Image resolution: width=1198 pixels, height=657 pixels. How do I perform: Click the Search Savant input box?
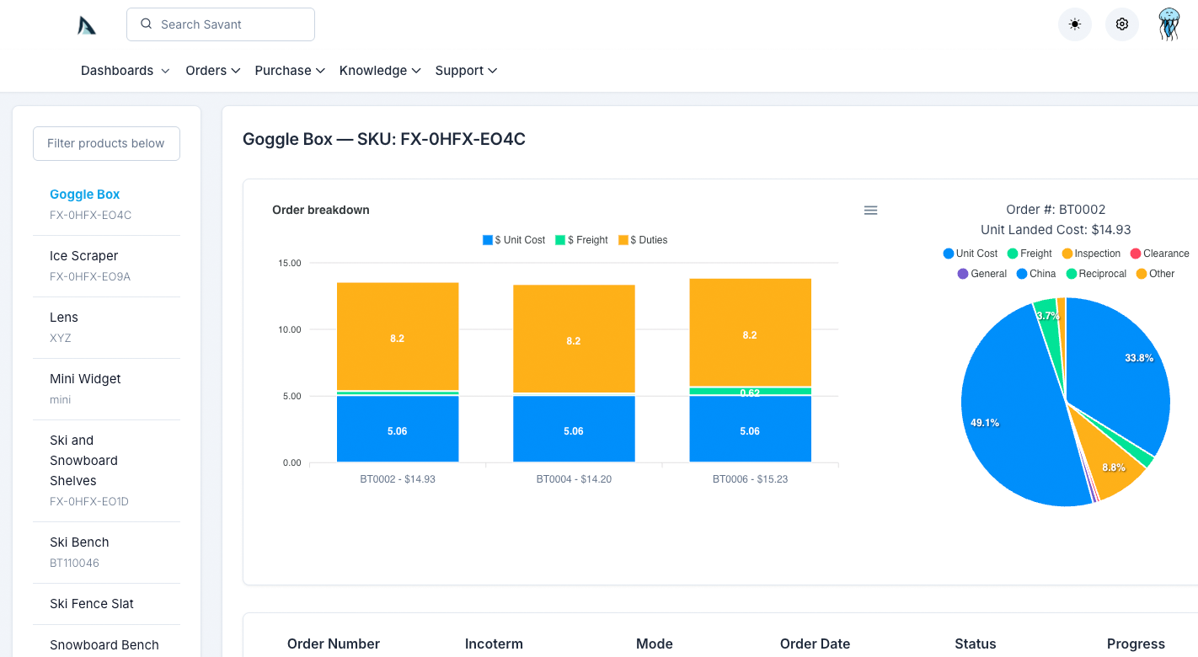click(x=221, y=24)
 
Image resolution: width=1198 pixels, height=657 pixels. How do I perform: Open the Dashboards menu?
click(x=125, y=71)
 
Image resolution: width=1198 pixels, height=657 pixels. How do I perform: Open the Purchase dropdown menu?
click(x=290, y=71)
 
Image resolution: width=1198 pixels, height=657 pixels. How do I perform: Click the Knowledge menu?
click(x=379, y=71)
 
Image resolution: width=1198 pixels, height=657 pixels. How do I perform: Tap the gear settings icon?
click(x=1121, y=24)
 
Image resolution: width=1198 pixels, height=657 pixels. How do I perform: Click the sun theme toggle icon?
click(x=1074, y=24)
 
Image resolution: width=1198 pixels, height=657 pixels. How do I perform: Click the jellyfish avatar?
click(x=1169, y=24)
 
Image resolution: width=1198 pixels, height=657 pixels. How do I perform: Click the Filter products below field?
click(x=106, y=143)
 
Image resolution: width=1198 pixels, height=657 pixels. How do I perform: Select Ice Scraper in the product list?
click(x=84, y=256)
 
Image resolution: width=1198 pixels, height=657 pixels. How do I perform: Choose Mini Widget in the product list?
click(x=85, y=379)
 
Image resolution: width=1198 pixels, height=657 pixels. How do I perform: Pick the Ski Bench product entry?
click(x=79, y=542)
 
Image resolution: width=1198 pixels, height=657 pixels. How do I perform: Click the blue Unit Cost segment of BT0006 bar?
click(x=750, y=430)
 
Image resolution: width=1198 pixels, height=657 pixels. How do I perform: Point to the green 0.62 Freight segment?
click(x=750, y=392)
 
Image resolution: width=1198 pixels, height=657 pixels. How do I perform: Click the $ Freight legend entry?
click(x=581, y=240)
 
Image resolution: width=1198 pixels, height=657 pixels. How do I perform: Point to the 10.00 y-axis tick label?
click(x=289, y=329)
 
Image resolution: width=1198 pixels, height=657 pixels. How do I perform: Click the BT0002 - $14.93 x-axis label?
click(x=398, y=479)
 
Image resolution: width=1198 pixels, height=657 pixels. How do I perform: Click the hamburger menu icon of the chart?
click(x=870, y=210)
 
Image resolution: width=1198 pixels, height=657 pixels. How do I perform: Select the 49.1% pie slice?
click(x=1003, y=421)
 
